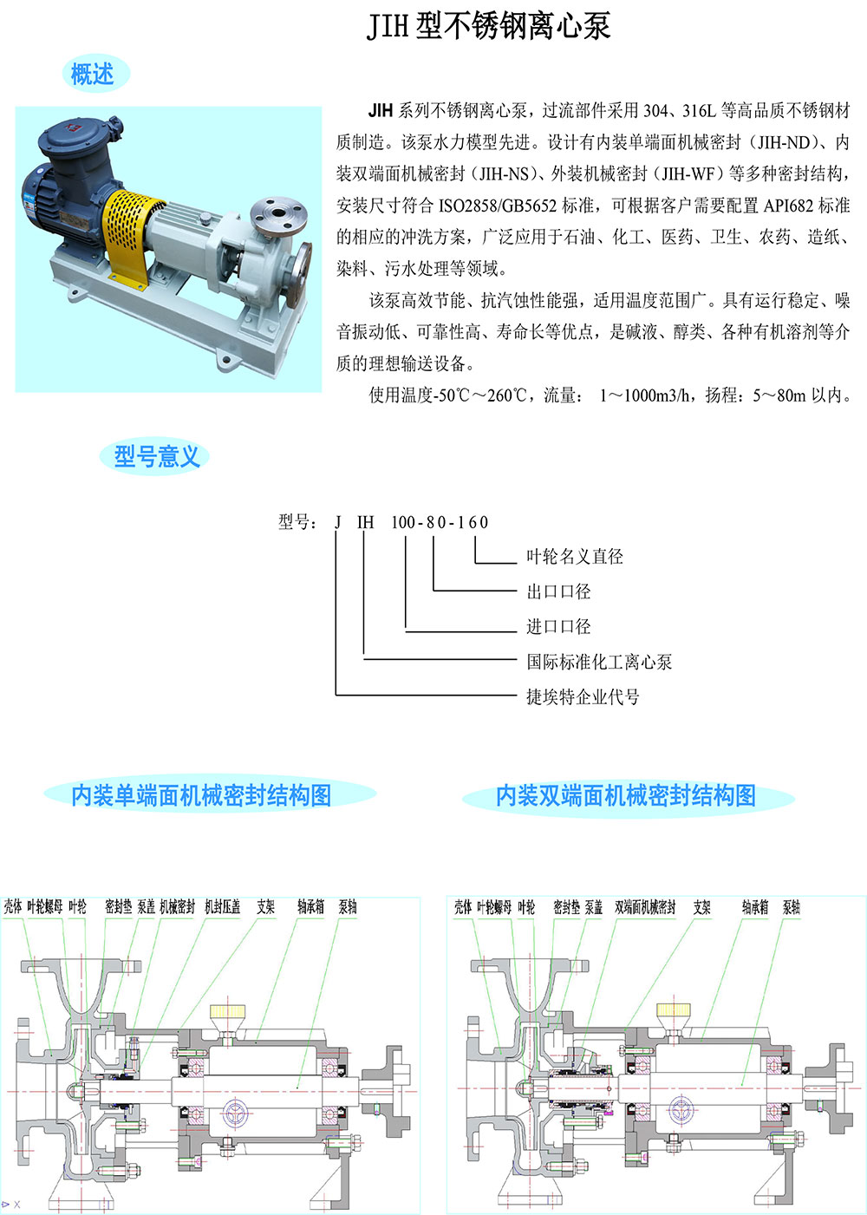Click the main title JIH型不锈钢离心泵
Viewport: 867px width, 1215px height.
488,25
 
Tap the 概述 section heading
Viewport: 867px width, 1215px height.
92,73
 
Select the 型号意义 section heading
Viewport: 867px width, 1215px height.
157,455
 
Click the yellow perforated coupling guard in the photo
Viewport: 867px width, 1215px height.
130,234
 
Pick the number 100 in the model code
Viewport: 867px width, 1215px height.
403,522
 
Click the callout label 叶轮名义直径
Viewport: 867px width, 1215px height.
575,556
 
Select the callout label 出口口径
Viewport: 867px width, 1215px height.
558,591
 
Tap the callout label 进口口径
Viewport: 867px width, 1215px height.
558,626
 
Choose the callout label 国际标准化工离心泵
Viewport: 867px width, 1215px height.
599,662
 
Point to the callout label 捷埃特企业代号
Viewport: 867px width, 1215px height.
583,697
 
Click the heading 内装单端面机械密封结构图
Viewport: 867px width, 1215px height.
201,796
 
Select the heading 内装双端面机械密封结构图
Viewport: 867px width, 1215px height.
626,796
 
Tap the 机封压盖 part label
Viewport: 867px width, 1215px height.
222,906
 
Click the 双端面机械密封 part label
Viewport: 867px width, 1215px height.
645,907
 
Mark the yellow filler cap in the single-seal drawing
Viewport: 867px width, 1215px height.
228,1011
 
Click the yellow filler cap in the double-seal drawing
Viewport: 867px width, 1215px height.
674,1009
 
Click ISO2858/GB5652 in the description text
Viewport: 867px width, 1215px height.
498,206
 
